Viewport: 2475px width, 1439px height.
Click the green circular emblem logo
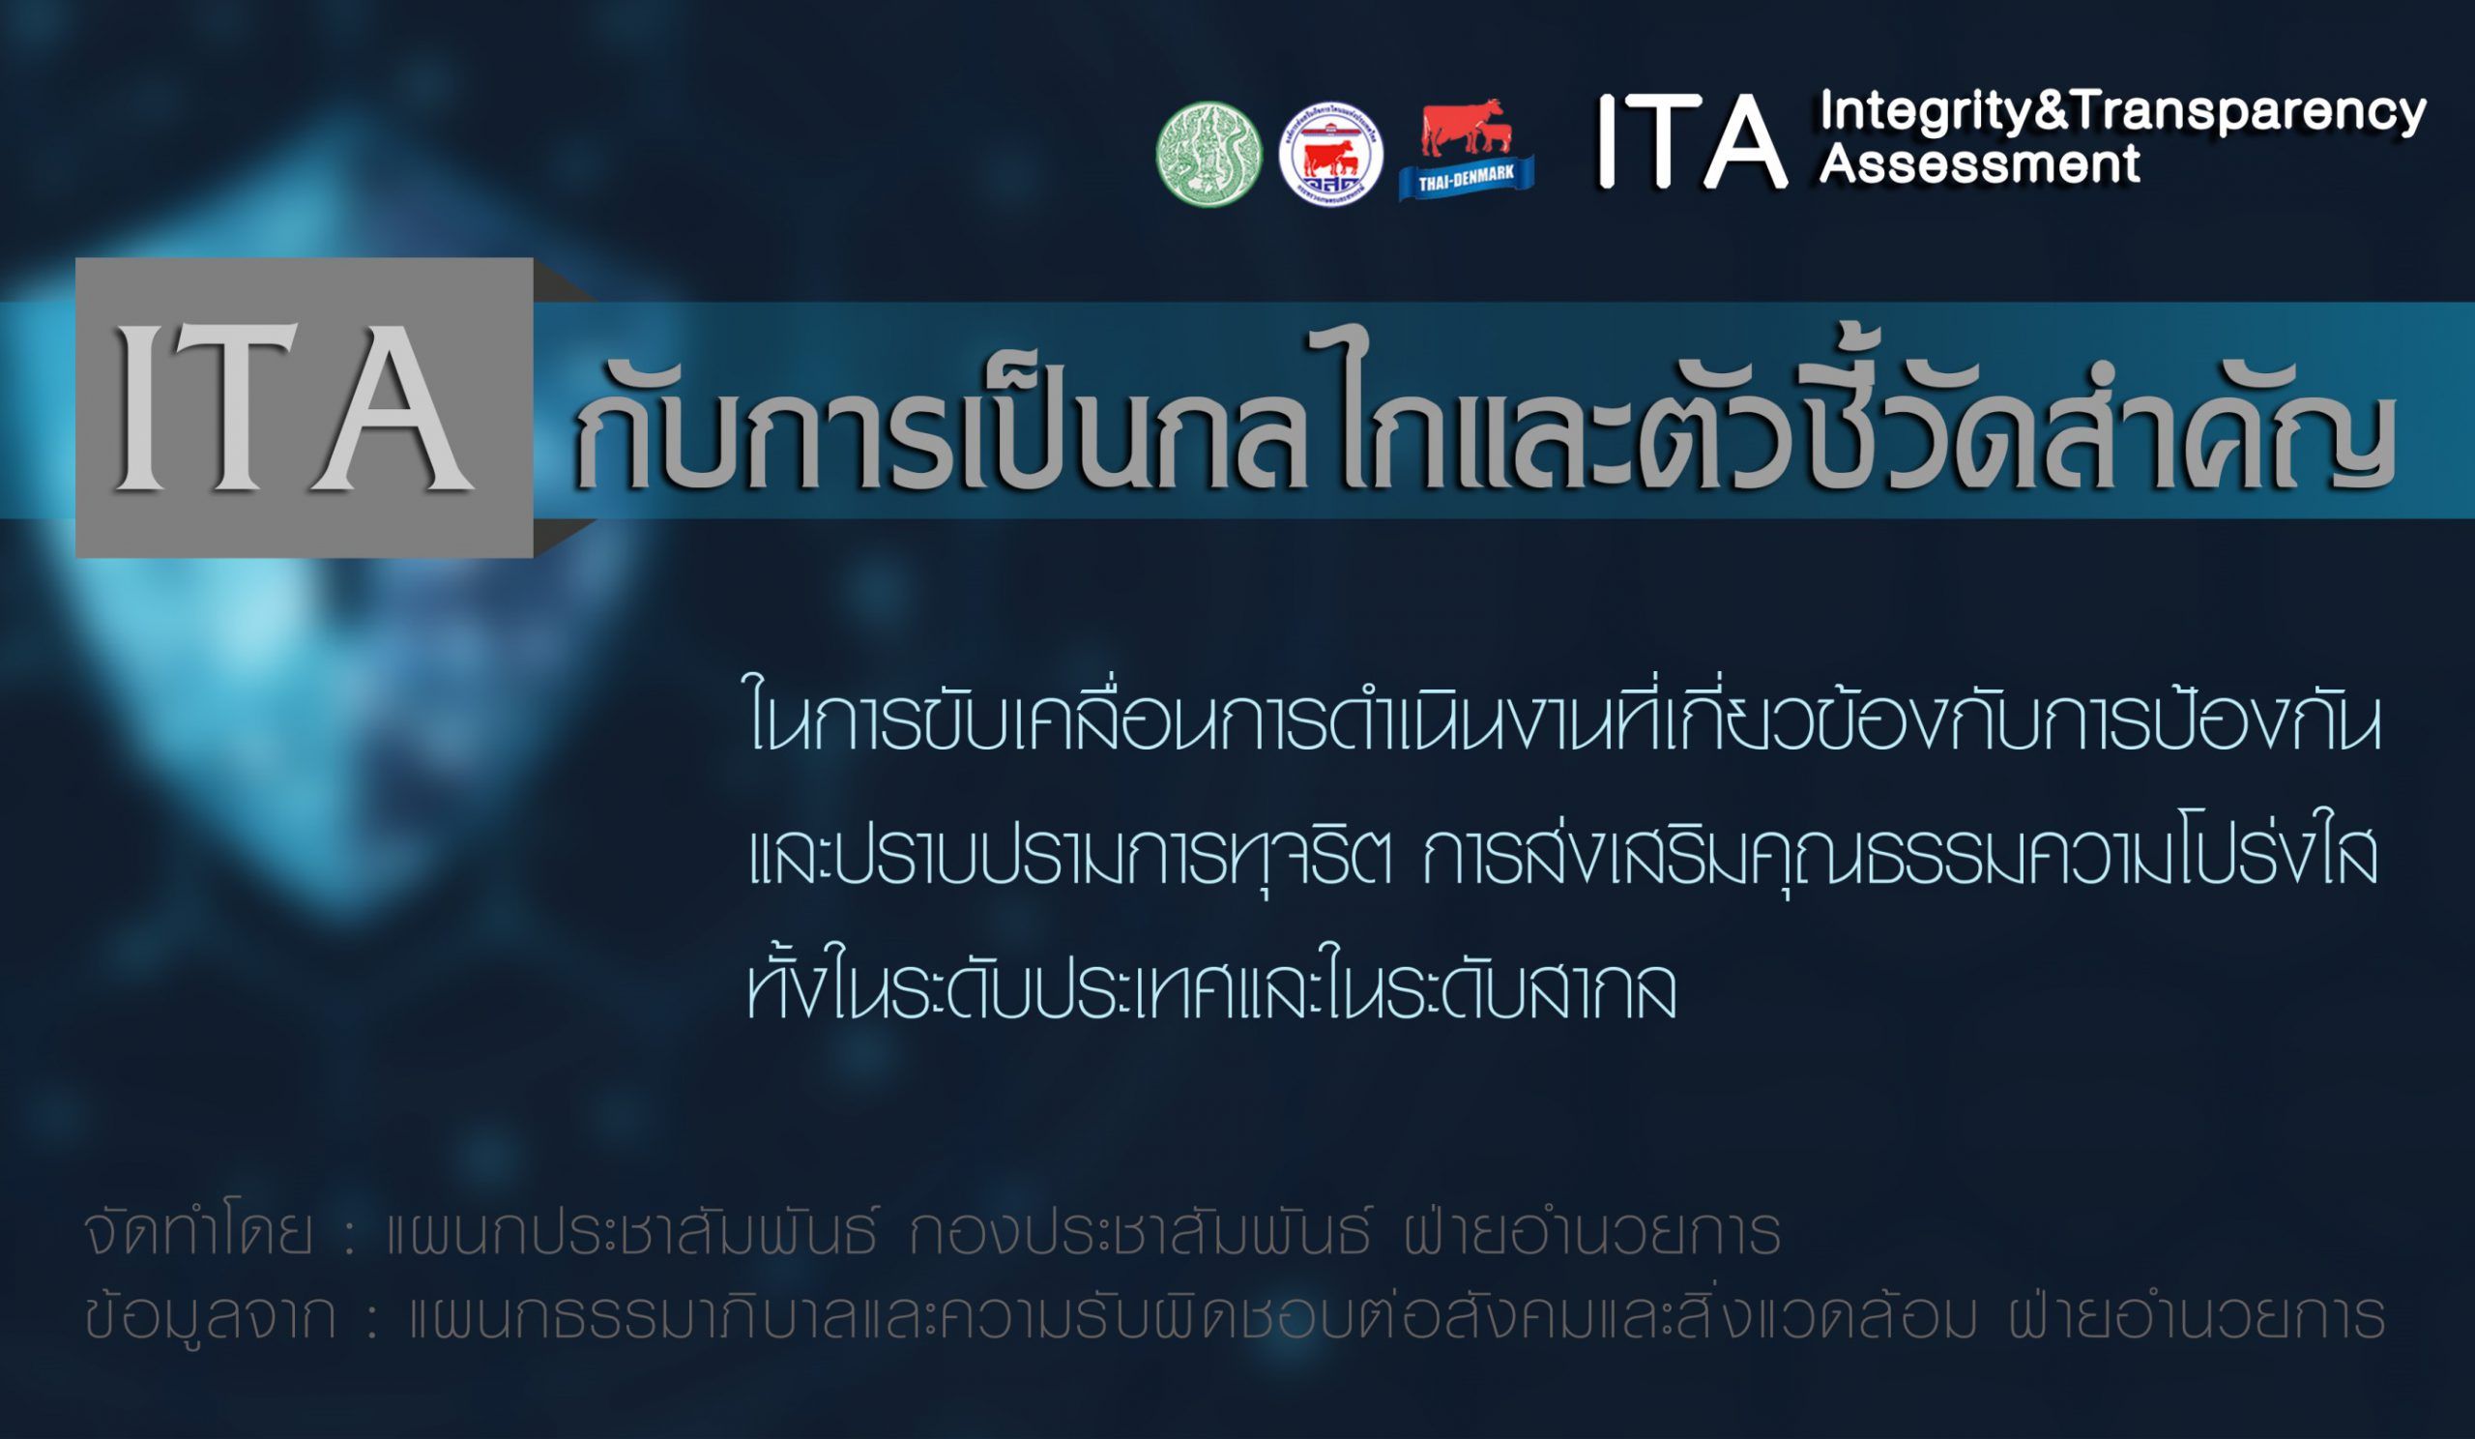point(1209,154)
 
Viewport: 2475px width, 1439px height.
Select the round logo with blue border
point(1331,154)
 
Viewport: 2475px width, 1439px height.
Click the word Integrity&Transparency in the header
point(2122,113)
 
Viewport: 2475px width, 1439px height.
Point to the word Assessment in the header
point(1979,163)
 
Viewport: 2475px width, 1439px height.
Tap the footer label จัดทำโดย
point(197,1233)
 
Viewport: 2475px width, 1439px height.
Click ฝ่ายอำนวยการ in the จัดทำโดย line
point(1592,1233)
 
